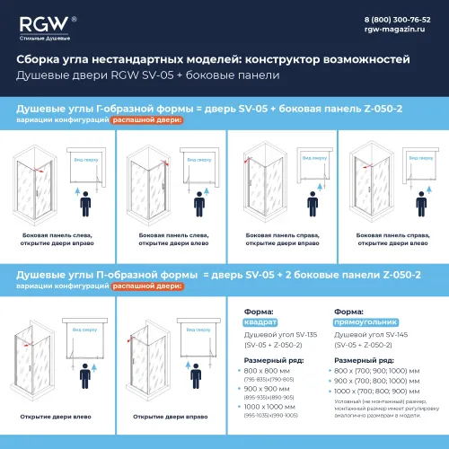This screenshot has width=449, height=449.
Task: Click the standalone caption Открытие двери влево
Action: point(55,417)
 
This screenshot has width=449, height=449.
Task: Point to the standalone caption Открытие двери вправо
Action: point(167,417)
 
